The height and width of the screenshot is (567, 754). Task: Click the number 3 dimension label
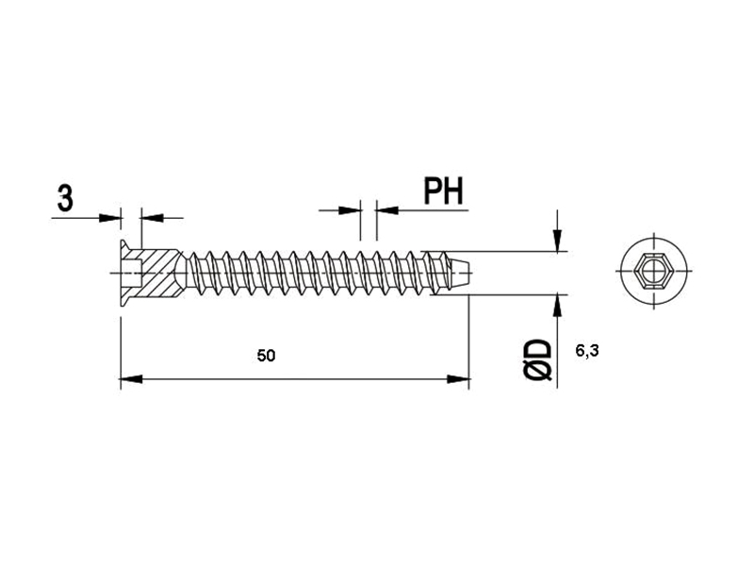65,198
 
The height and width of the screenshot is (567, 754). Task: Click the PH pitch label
443,192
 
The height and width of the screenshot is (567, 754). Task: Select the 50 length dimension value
266,356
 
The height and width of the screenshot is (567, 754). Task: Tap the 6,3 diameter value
586,351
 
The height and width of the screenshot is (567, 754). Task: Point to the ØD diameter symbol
537,359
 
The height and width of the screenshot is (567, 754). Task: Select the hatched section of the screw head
159,273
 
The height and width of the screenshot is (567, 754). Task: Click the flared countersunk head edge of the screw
124,273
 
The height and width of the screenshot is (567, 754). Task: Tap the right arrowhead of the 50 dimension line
458,380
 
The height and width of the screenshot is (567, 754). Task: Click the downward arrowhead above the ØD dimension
557,241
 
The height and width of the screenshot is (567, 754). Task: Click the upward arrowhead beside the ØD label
557,306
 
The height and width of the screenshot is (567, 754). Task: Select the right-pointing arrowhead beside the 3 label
109,218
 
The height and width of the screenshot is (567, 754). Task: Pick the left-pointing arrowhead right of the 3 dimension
153,218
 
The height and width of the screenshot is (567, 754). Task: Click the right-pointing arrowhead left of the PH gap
350,210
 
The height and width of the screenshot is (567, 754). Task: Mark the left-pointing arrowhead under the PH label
387,210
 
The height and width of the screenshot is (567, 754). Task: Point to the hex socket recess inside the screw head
133,273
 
